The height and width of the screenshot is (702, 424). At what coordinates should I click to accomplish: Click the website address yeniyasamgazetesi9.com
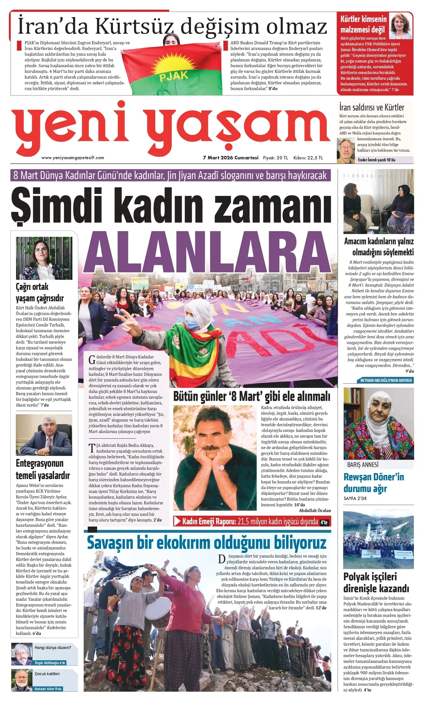click(x=73, y=158)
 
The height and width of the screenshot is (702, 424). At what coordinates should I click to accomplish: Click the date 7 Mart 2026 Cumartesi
click(x=231, y=158)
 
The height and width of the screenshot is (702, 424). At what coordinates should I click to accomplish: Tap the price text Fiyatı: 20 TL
click(x=275, y=158)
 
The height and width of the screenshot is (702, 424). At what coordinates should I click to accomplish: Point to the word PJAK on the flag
click(x=174, y=76)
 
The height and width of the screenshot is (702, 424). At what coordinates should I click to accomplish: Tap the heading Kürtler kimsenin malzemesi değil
click(x=363, y=24)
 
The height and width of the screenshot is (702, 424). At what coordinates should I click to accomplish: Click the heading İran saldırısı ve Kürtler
click(x=371, y=108)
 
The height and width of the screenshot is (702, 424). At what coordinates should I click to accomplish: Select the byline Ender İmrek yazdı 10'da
click(x=377, y=160)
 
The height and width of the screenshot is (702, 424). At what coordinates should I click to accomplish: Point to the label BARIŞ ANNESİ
click(x=363, y=465)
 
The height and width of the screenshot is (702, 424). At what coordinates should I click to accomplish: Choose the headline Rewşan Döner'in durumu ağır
click(x=373, y=482)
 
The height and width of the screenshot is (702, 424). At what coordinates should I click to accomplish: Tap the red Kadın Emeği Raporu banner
click(x=252, y=521)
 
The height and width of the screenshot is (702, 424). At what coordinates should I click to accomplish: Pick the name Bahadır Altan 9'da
click(x=48, y=689)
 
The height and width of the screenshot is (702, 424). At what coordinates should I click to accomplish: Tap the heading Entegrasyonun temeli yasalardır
click(x=43, y=469)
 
